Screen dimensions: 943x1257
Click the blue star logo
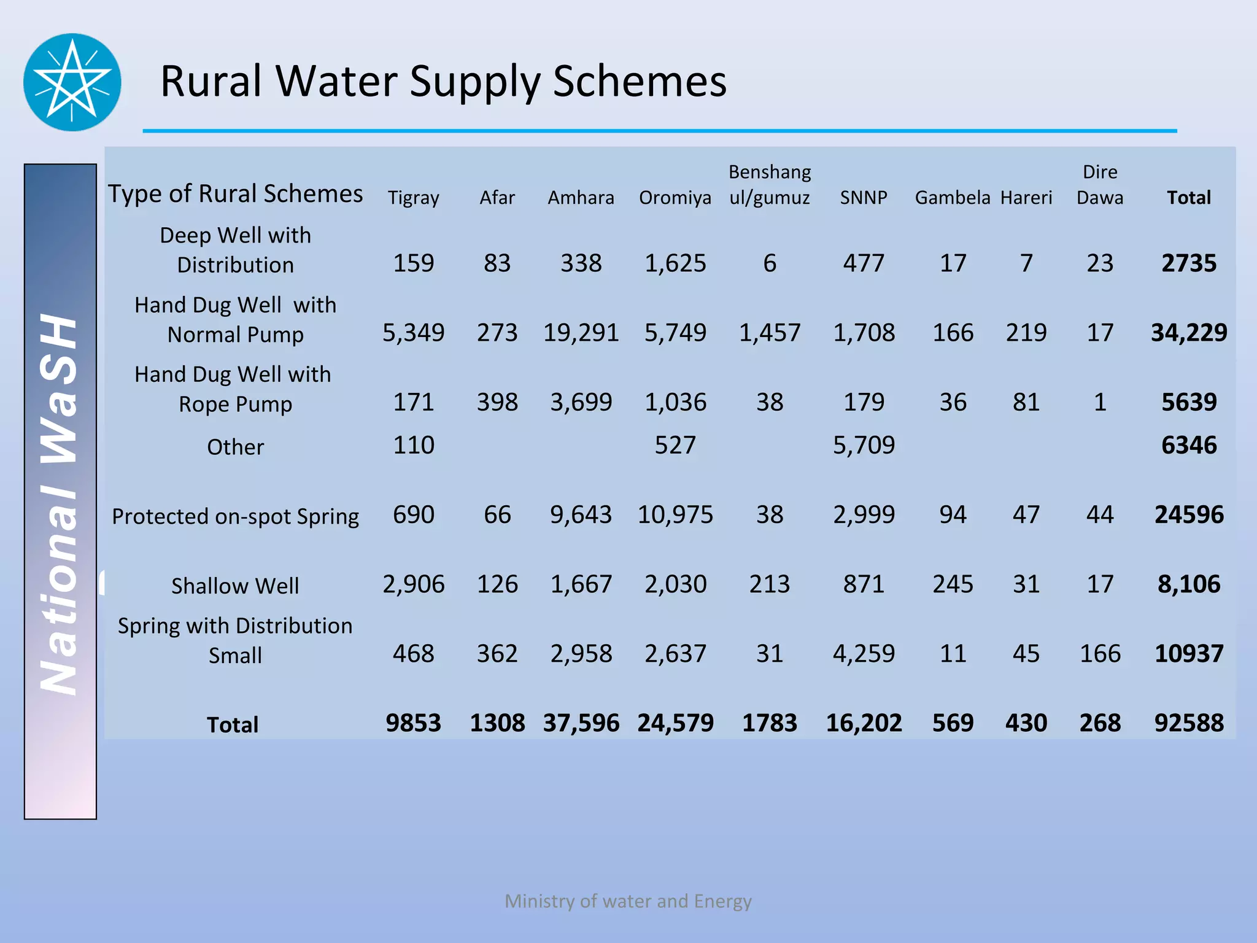pos(72,82)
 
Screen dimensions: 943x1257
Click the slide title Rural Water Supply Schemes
pos(443,81)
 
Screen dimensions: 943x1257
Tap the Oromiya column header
pos(675,198)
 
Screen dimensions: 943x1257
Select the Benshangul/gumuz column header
pos(770,184)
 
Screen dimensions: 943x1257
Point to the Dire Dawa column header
pos(1100,184)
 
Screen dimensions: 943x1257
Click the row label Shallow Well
pos(235,586)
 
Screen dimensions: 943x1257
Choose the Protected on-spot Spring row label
pos(235,516)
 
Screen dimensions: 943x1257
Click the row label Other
pos(235,447)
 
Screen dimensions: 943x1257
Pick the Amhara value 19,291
pos(581,333)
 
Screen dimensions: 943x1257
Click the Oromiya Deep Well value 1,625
pos(675,263)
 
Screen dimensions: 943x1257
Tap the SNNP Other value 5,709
pos(864,445)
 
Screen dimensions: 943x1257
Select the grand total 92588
pos(1189,723)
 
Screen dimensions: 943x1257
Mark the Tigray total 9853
pos(413,723)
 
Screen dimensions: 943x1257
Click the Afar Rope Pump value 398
pos(497,402)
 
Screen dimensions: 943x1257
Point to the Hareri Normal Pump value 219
pos(1026,333)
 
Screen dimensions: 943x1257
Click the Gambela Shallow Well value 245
pos(953,584)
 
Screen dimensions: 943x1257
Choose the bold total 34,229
pos(1189,333)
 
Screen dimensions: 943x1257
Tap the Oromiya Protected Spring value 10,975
pos(675,514)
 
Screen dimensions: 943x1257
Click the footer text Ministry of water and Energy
pos(628,901)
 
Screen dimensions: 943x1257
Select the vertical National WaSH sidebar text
pos(60,503)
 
